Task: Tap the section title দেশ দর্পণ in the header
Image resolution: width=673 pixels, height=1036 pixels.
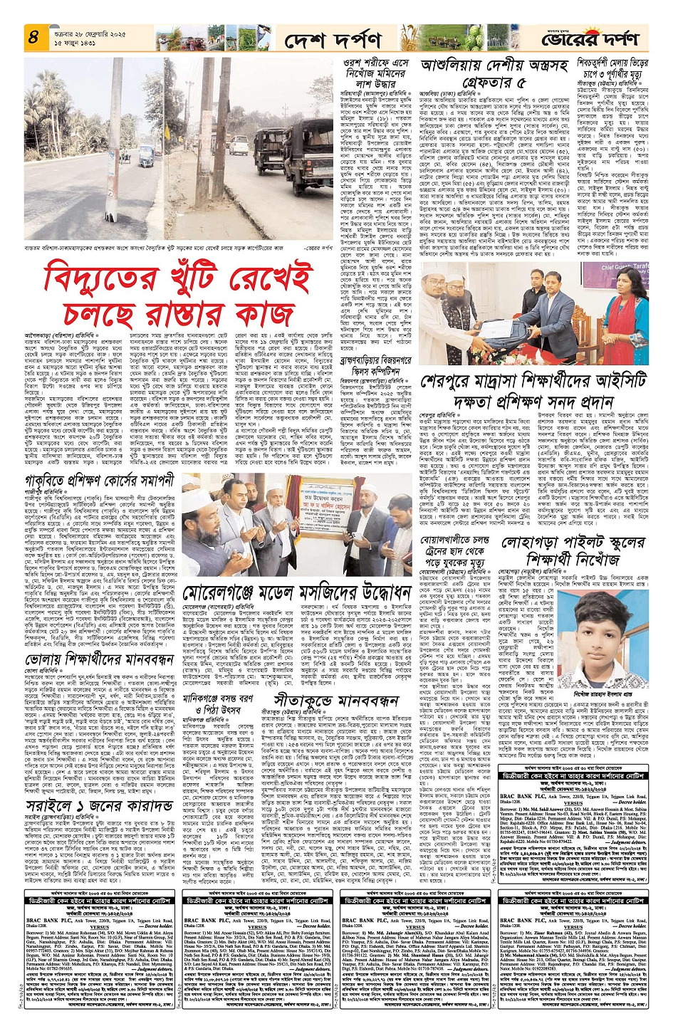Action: [x=333, y=40]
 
